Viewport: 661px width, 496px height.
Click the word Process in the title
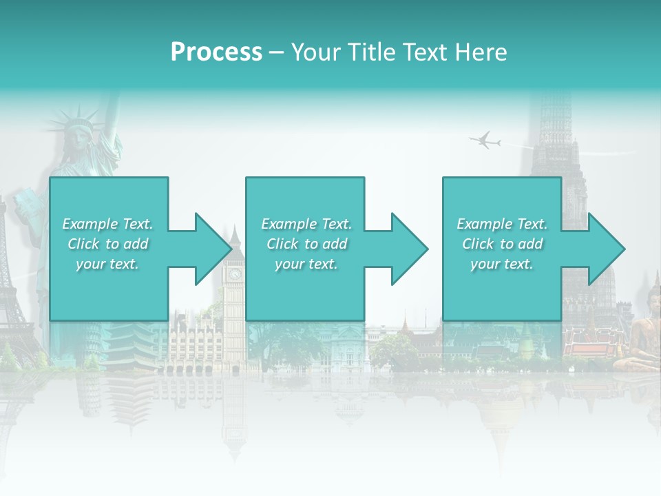[x=216, y=52]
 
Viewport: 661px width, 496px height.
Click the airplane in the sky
[x=485, y=141]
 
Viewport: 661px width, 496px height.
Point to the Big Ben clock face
[x=235, y=273]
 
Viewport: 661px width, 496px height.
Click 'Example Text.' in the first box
[x=108, y=224]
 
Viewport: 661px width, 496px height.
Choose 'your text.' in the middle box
[x=306, y=264]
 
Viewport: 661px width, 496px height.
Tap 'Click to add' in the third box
[x=503, y=244]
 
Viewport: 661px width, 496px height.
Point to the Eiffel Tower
[x=12, y=289]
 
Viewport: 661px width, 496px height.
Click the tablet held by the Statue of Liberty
[x=28, y=210]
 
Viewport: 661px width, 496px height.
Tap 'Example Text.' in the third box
[x=502, y=224]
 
